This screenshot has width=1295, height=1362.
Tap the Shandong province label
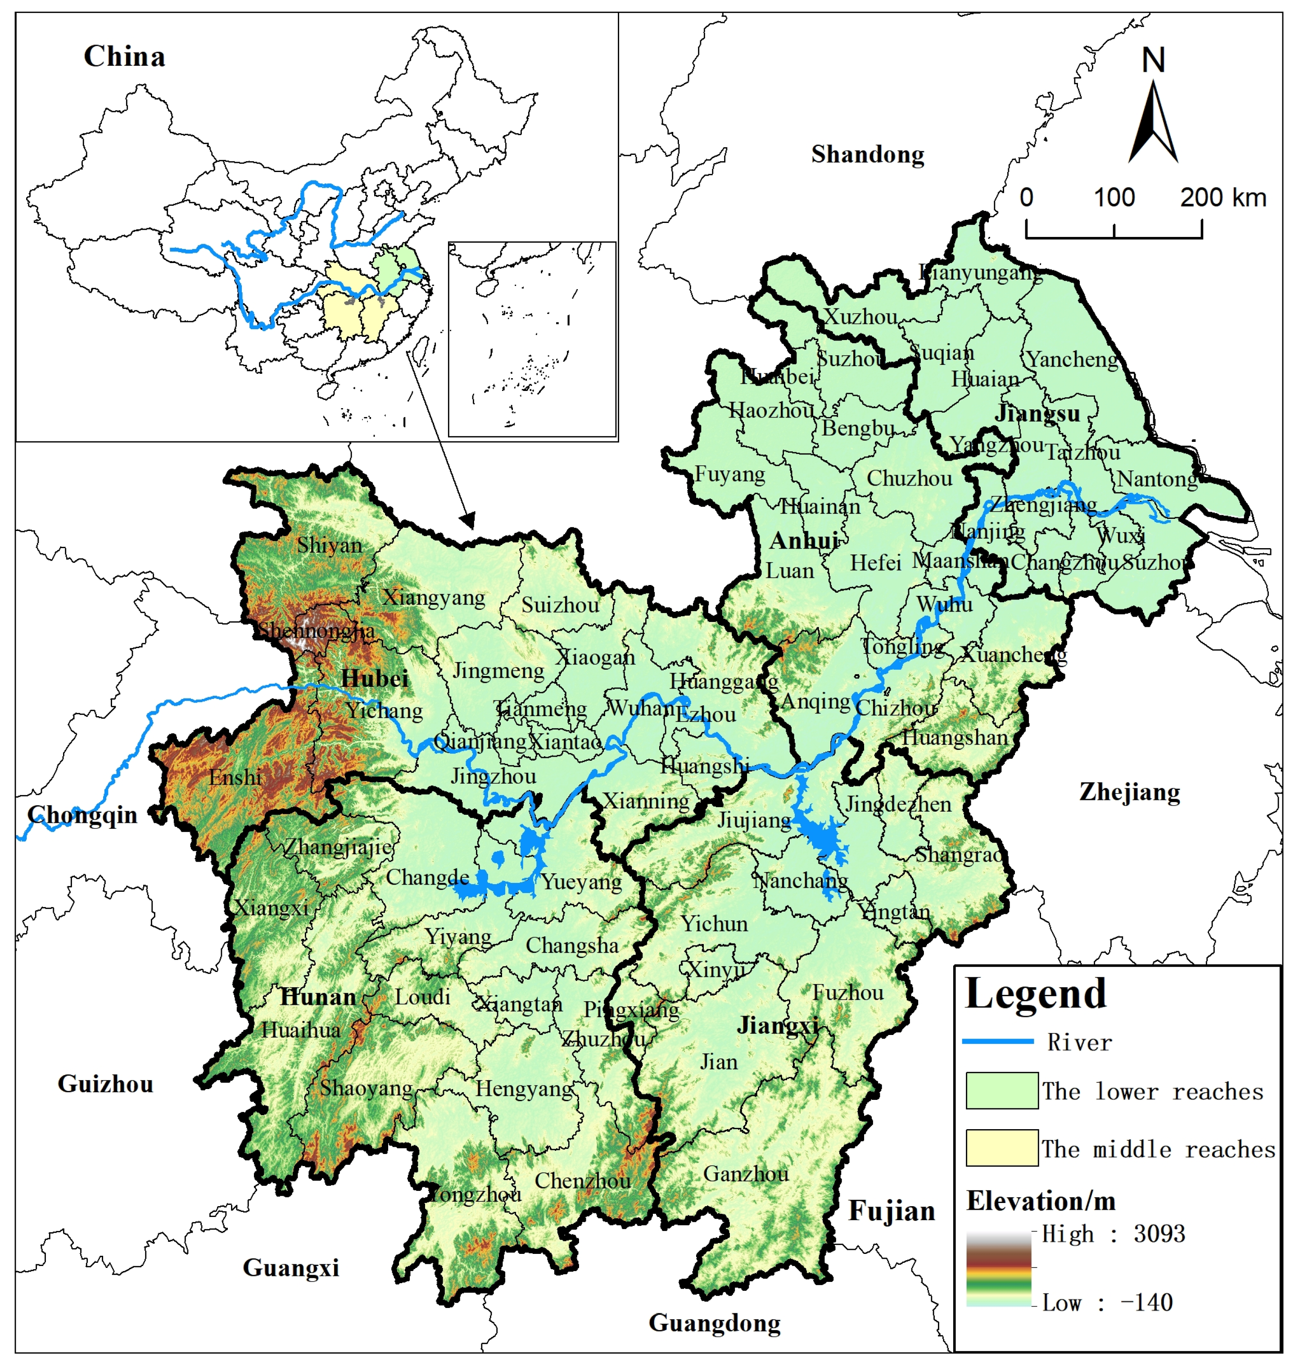coord(867,154)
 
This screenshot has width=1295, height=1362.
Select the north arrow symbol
coord(1153,121)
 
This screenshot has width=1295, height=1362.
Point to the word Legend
coord(1036,994)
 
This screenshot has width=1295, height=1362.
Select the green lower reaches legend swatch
coord(1001,1091)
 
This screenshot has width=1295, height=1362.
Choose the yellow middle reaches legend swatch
coord(1001,1149)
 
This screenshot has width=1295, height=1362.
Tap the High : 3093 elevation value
coord(1113,1234)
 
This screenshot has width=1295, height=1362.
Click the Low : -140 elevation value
coord(1106,1303)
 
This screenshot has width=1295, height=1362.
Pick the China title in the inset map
coord(124,57)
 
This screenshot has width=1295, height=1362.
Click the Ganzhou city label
coord(746,1174)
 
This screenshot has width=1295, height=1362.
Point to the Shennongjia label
coord(316,630)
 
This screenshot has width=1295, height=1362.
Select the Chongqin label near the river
coord(82,815)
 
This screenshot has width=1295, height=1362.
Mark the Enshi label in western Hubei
coord(235,777)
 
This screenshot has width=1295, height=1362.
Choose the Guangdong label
coord(715,1323)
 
